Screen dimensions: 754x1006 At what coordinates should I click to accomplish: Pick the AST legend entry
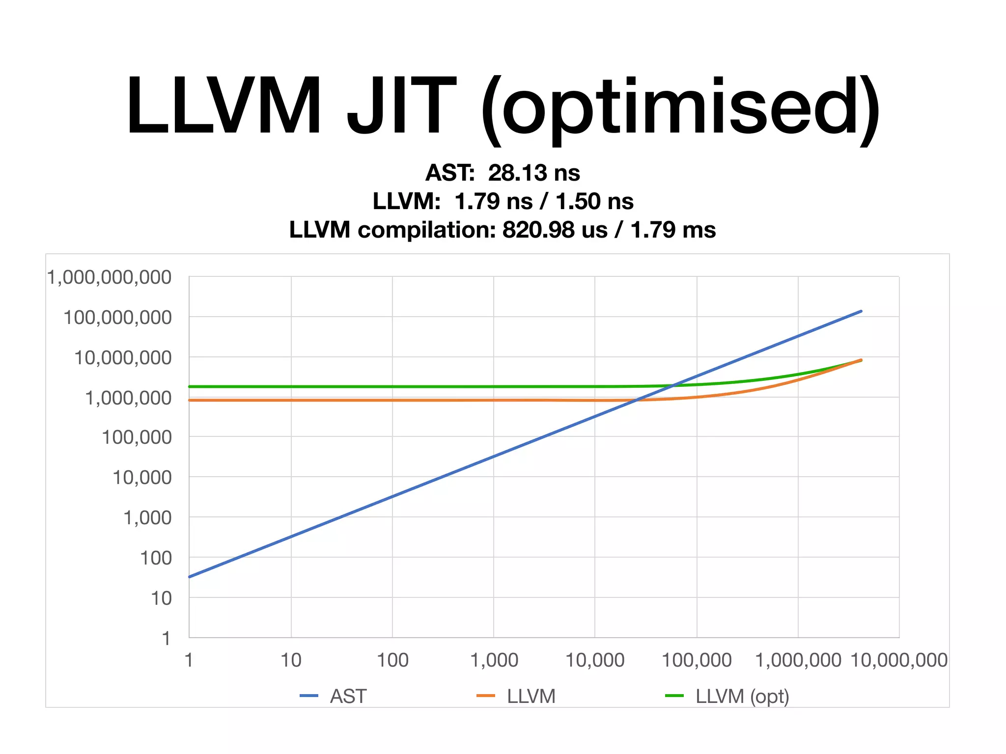334,696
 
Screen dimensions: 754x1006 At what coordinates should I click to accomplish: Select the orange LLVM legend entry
517,696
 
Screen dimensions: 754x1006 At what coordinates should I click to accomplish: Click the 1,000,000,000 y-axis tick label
110,277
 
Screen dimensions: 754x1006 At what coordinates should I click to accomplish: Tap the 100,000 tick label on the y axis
137,437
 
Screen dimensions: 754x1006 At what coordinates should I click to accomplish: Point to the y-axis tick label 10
161,598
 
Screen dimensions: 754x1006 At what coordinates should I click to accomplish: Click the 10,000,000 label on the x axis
899,660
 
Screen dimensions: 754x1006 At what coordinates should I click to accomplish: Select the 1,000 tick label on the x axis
494,660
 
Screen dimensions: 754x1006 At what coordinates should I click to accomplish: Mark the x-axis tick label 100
392,660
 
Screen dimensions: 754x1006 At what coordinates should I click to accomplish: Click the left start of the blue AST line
190,577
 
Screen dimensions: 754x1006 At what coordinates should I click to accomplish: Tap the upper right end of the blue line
861,311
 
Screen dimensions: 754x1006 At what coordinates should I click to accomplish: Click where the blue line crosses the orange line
635,401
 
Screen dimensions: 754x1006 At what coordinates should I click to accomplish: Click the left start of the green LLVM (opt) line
190,387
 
